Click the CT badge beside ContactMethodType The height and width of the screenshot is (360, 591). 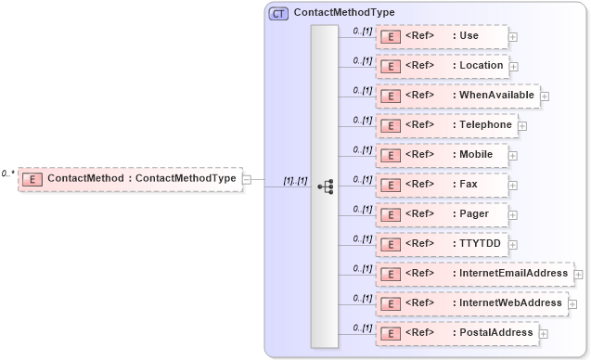(x=278, y=13)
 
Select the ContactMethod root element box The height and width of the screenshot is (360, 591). (x=130, y=179)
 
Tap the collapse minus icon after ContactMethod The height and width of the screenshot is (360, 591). (x=247, y=179)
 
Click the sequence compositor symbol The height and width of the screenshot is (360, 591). (x=325, y=186)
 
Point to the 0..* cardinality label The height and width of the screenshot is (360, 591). (x=7, y=174)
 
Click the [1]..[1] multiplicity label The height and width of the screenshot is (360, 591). (x=295, y=180)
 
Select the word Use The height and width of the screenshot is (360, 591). (x=469, y=36)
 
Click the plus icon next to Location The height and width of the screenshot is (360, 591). (x=514, y=67)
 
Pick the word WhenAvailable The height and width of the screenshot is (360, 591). (x=497, y=96)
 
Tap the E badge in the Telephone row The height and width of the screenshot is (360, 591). (x=391, y=125)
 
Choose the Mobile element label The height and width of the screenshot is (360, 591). (x=477, y=155)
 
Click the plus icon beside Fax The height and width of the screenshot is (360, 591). (x=513, y=186)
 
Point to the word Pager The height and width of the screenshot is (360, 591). (x=475, y=214)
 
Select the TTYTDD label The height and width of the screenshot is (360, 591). (x=481, y=244)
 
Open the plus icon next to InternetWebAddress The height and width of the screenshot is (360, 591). (x=572, y=303)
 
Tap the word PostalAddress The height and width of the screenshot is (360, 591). (x=496, y=332)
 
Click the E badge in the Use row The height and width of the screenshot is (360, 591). (x=391, y=36)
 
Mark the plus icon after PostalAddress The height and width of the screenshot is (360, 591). (x=544, y=334)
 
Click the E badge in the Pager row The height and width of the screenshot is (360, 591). (x=391, y=214)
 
